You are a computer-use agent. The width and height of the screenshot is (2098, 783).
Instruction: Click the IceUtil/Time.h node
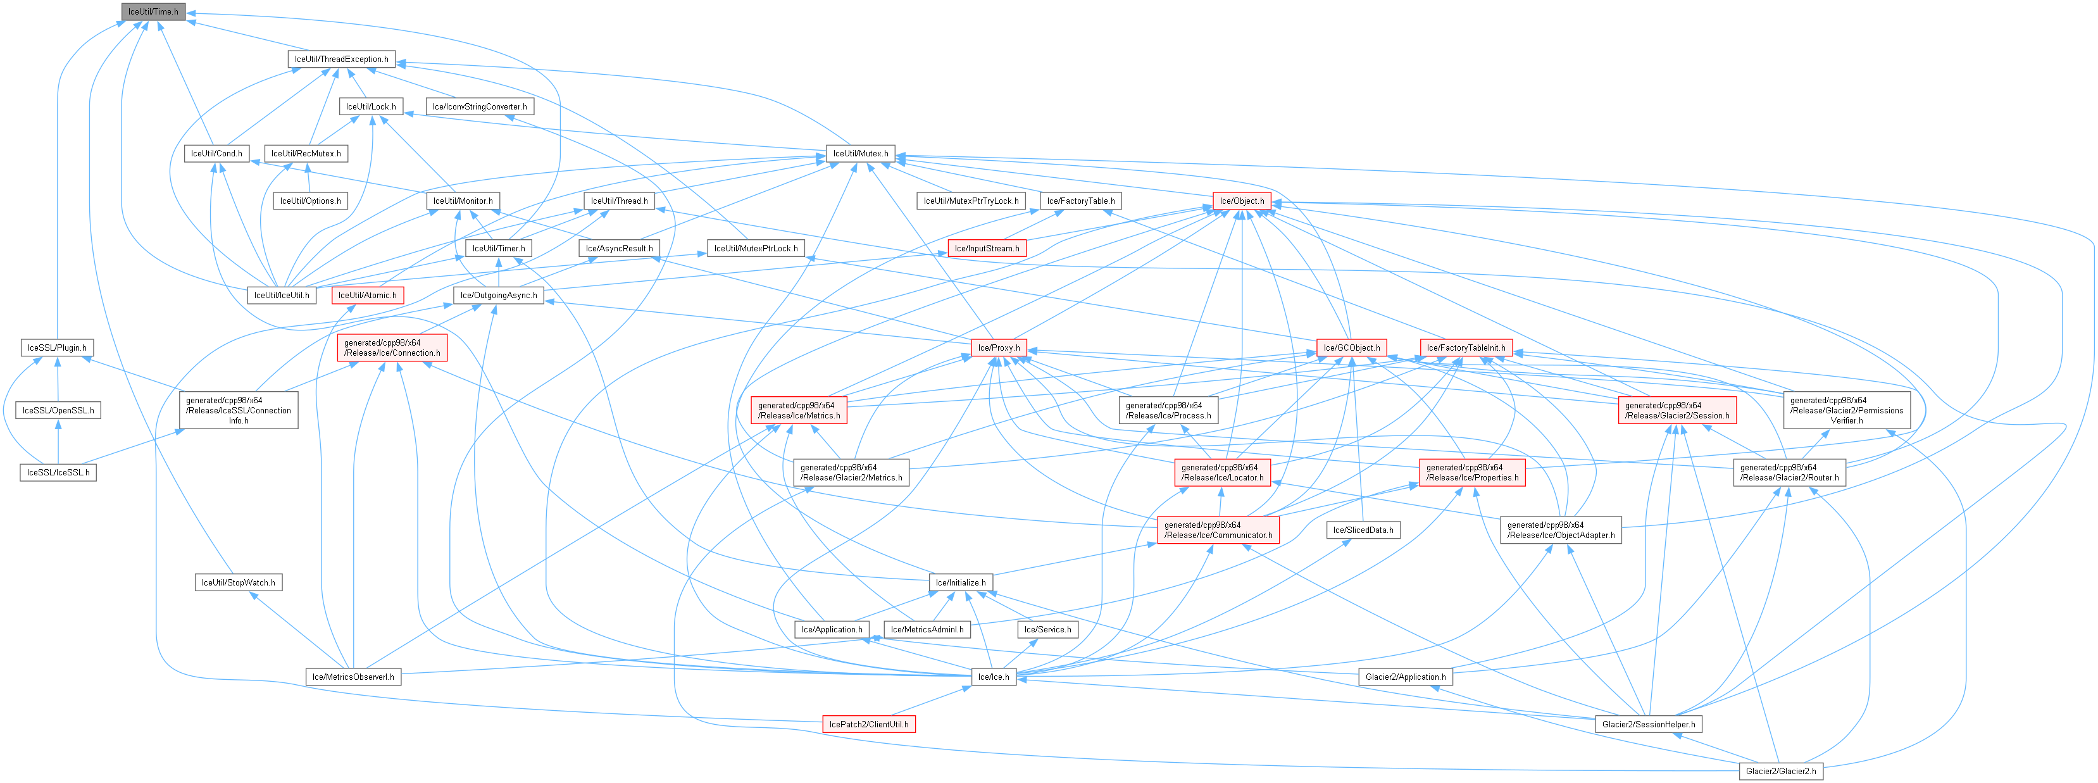pyautogui.click(x=153, y=11)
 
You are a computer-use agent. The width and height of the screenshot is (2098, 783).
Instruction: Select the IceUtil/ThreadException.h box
pyautogui.click(x=341, y=59)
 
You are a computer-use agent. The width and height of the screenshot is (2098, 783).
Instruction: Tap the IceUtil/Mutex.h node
pyautogui.click(x=860, y=153)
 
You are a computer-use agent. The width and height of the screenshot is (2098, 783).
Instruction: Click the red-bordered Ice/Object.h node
pyautogui.click(x=1241, y=201)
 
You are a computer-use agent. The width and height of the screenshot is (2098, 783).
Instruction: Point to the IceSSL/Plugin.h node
pyautogui.click(x=56, y=348)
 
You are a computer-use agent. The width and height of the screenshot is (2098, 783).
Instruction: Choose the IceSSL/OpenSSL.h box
pyautogui.click(x=58, y=411)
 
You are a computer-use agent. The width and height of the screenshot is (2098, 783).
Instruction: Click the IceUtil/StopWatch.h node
pyautogui.click(x=238, y=582)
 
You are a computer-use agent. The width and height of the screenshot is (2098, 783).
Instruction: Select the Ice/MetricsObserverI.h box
pyautogui.click(x=353, y=677)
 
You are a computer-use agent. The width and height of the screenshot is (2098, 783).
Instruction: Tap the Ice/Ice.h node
pyautogui.click(x=993, y=677)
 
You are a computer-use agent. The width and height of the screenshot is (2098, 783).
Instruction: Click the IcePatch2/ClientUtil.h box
pyautogui.click(x=868, y=724)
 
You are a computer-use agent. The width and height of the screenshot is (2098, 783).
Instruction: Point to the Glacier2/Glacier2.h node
pyautogui.click(x=1780, y=771)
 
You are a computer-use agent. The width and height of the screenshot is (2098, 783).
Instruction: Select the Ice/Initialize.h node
pyautogui.click(x=960, y=582)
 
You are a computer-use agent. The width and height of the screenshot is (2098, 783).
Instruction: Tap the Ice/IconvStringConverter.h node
pyautogui.click(x=480, y=107)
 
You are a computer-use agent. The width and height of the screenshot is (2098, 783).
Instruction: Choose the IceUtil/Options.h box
pyautogui.click(x=310, y=201)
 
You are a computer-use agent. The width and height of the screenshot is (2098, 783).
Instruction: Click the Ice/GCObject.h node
pyautogui.click(x=1351, y=348)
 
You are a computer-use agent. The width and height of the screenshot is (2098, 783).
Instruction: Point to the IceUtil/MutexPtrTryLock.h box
pyautogui.click(x=970, y=201)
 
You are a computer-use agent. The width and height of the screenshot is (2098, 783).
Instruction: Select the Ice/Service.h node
pyautogui.click(x=1047, y=630)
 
